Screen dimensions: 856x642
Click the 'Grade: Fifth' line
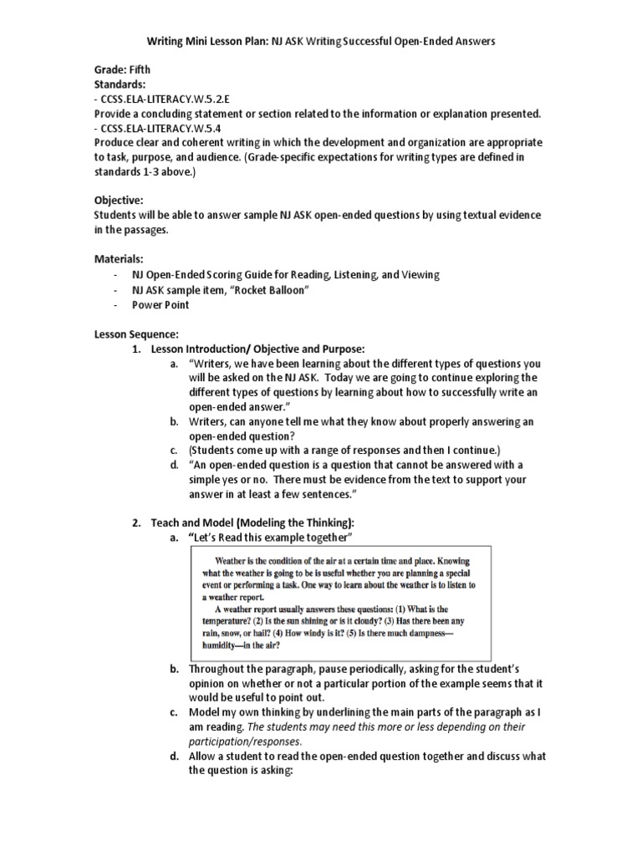pyautogui.click(x=122, y=70)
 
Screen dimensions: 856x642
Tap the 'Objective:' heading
pyautogui.click(x=119, y=201)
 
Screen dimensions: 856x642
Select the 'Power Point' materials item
pyautogui.click(x=160, y=304)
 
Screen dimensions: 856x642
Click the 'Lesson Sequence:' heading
pyautogui.click(x=135, y=334)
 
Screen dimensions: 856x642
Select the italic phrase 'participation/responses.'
pyautogui.click(x=243, y=741)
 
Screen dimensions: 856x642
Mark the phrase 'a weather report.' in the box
pyautogui.click(x=233, y=598)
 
